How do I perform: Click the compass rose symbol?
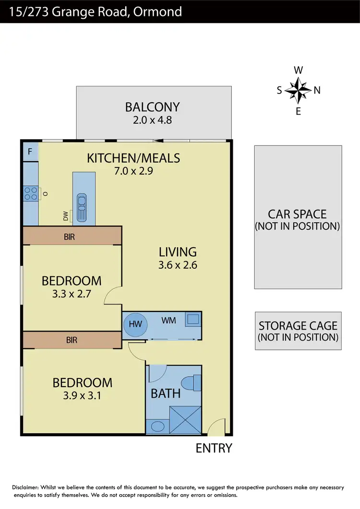(x=298, y=90)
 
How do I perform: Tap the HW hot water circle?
(x=136, y=324)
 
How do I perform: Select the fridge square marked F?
(x=30, y=152)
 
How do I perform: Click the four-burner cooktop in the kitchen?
(x=31, y=194)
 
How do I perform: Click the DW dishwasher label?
(x=65, y=217)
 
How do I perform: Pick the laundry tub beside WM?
(x=193, y=320)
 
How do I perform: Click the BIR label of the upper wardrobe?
(x=69, y=237)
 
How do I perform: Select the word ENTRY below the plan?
(x=214, y=448)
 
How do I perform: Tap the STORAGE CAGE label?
(x=298, y=326)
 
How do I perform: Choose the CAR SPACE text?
(x=297, y=214)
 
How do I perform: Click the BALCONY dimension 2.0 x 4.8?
(x=152, y=119)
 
